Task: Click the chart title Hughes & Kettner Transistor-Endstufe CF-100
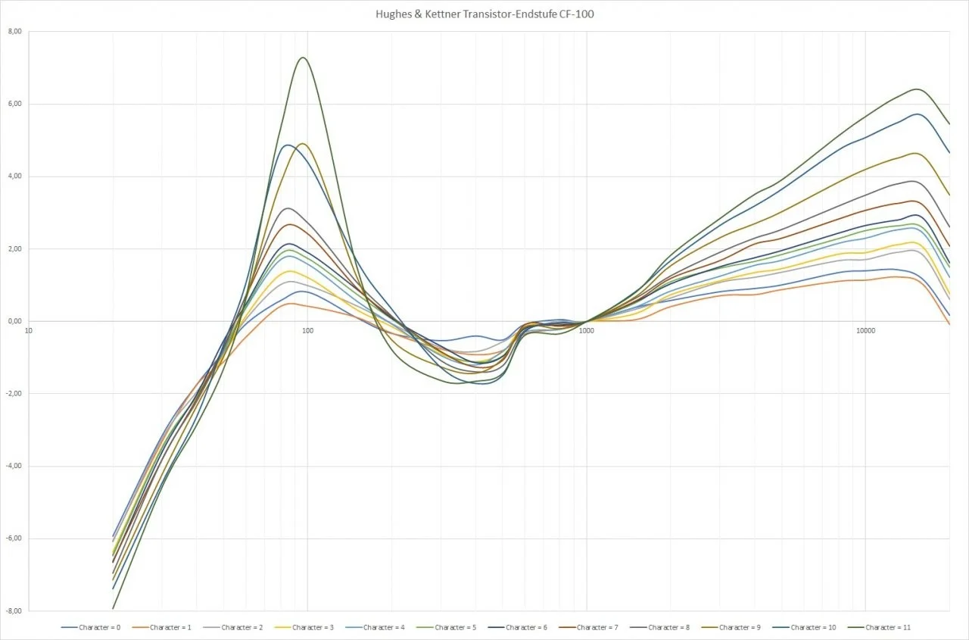(x=484, y=14)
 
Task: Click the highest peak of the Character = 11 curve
(x=303, y=58)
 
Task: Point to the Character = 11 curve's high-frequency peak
(x=918, y=89)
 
